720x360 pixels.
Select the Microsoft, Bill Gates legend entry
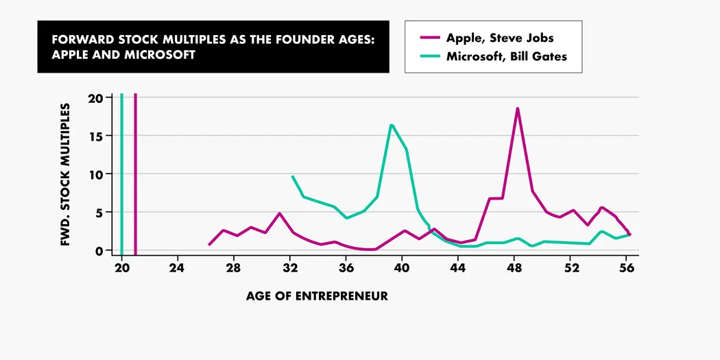click(506, 56)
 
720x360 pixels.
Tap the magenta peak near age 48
click(518, 109)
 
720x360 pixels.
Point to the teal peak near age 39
click(391, 125)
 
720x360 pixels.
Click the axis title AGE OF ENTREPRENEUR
click(317, 296)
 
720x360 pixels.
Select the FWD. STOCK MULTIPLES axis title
click(67, 175)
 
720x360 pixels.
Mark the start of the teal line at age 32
click(293, 177)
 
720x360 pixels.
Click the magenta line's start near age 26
click(209, 244)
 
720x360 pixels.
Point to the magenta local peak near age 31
click(280, 214)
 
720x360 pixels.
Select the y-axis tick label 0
click(99, 251)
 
